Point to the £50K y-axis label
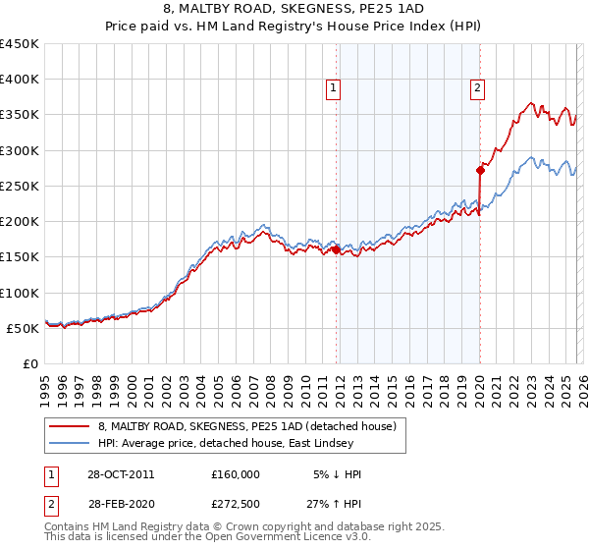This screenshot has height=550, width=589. pyautogui.click(x=24, y=329)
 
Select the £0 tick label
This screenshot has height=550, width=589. pyautogui.click(x=31, y=364)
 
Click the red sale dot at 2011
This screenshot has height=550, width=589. pyautogui.click(x=337, y=250)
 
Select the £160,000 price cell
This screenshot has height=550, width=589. pyautogui.click(x=236, y=474)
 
